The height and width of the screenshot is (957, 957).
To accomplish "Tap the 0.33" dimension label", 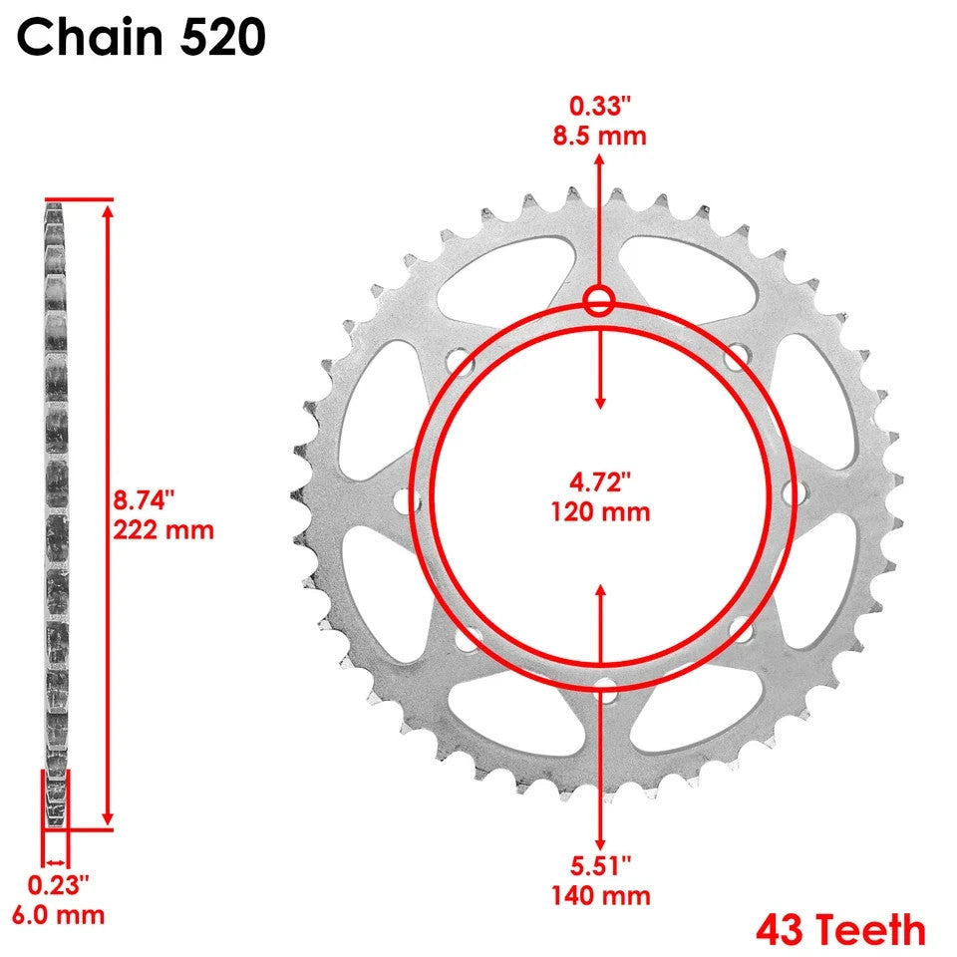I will [599, 105].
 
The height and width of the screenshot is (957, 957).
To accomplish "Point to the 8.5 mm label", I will [599, 135].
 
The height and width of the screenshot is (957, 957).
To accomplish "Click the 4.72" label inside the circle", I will [599, 483].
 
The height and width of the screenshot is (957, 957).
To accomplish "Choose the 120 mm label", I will [599, 512].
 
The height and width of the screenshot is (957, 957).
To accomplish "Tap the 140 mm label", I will [599, 895].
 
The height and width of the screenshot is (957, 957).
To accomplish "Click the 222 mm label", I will [161, 528].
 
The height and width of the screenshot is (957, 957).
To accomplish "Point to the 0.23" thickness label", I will [58, 884].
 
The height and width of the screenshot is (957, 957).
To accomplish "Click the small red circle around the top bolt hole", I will [599, 301].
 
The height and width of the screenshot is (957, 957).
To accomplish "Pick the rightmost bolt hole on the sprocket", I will [795, 492].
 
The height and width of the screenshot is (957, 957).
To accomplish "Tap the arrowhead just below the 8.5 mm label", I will [599, 159].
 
